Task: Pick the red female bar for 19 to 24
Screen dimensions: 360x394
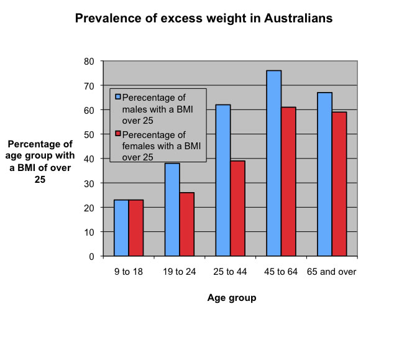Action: [x=187, y=224]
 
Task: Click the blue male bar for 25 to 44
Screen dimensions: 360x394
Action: [x=222, y=180]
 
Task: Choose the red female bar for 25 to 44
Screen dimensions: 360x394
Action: [x=237, y=208]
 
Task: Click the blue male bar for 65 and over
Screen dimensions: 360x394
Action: [x=324, y=174]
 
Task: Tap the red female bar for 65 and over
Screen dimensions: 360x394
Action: [x=339, y=184]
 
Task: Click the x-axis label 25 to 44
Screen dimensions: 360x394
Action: [x=230, y=272]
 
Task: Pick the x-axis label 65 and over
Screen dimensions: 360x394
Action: [x=332, y=272]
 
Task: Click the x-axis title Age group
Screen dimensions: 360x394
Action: [x=231, y=298]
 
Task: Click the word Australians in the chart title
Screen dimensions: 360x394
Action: [x=291, y=18]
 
